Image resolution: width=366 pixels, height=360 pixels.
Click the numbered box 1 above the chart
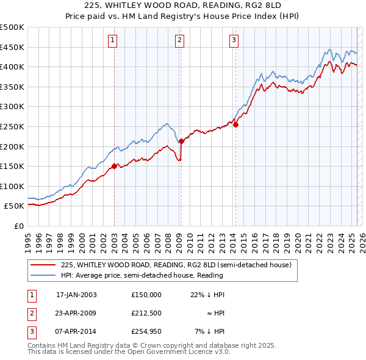coord(114,41)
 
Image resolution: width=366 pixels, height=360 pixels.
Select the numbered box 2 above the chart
coord(181,41)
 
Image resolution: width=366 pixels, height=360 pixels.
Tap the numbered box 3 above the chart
coord(234,41)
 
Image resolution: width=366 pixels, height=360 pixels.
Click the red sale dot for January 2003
coord(114,165)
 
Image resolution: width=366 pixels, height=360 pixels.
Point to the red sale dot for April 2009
coord(181,141)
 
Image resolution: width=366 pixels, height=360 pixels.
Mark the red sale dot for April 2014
coord(235,124)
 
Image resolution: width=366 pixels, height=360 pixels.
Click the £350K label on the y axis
coord(12,87)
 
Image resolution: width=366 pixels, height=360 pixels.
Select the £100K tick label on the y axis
coord(12,186)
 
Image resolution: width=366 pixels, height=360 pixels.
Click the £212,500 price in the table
coord(146,313)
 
